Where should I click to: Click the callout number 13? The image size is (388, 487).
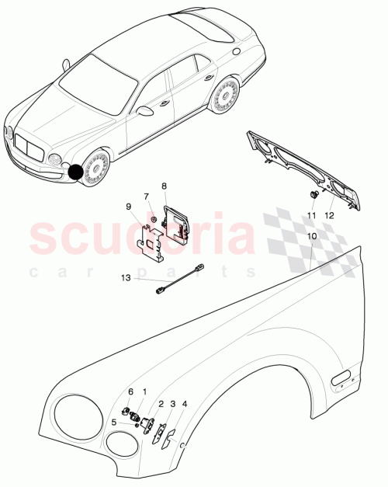coord(126,277)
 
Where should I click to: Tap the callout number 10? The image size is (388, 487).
coord(311,235)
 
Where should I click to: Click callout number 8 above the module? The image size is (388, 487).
coord(164,186)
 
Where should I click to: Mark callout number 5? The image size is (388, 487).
coord(114,423)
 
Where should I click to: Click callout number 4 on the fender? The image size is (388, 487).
coord(185,404)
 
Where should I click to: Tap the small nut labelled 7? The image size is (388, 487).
coord(154,221)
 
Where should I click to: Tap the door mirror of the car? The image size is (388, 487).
coord(144,111)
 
